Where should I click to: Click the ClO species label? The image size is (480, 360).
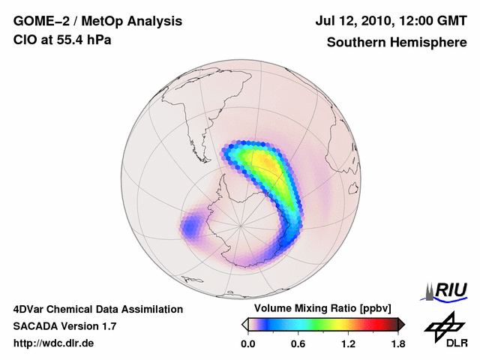(23, 40)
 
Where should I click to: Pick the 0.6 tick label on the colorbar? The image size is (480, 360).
(298, 343)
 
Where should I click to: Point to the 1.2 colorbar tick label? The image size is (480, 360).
(348, 343)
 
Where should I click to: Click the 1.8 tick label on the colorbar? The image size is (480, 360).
(397, 343)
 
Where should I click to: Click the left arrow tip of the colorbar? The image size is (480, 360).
(244, 324)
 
